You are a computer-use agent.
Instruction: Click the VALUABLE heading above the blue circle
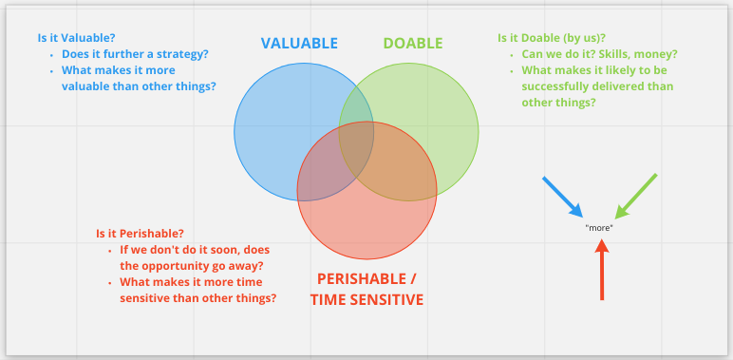pos(299,43)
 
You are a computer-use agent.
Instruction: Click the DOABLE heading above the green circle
pos(413,43)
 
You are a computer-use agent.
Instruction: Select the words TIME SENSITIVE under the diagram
pos(366,299)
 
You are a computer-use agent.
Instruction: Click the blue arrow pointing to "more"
pos(562,196)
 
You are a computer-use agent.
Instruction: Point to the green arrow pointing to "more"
pos(635,196)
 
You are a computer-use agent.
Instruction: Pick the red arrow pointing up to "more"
pos(601,270)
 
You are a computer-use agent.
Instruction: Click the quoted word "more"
pos(599,228)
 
